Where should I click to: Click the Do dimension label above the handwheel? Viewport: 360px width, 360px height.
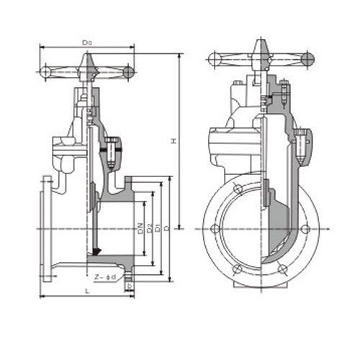click(x=87, y=44)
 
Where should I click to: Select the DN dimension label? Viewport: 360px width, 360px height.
click(x=139, y=229)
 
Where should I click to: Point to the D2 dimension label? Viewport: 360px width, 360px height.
click(x=148, y=229)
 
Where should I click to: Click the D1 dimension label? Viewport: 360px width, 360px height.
click(x=157, y=229)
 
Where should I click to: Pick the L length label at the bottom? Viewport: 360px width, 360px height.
click(x=86, y=290)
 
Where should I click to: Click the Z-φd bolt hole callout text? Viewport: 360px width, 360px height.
click(x=104, y=276)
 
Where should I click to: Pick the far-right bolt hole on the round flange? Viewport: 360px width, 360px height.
click(x=307, y=230)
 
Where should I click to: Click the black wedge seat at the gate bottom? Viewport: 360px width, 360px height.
click(x=94, y=253)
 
